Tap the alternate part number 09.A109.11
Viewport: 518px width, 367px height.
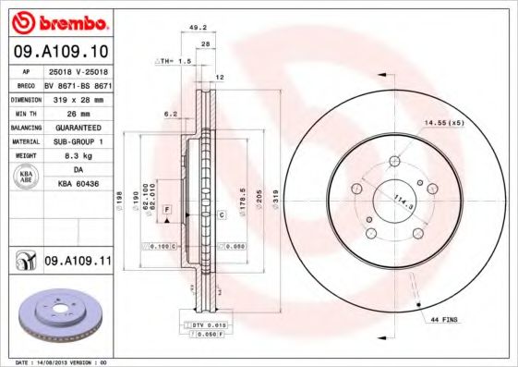78,263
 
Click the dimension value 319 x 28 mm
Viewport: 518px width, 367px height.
78,97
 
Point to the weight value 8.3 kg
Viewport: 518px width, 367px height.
78,156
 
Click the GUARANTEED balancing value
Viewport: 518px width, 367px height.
78,127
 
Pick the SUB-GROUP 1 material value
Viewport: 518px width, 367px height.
78,141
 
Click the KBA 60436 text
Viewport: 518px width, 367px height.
78,186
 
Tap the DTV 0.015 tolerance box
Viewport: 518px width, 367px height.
210,324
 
